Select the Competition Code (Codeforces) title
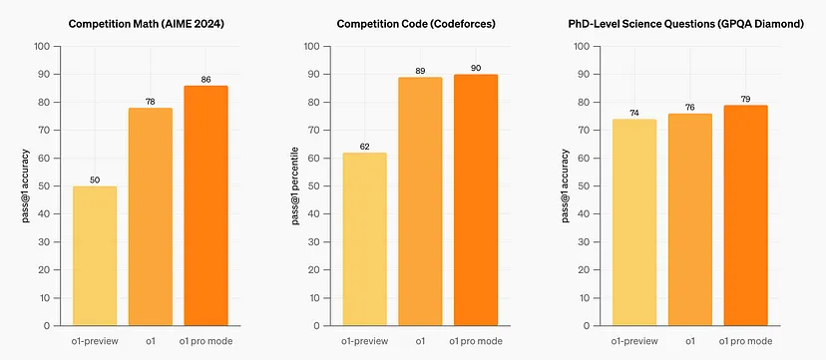click(x=419, y=21)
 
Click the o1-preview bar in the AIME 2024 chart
click(x=95, y=256)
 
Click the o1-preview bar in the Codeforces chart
click(x=364, y=239)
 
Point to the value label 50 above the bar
click(x=95, y=179)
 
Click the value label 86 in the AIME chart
click(x=206, y=78)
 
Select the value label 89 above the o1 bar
click(x=419, y=70)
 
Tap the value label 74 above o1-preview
click(x=634, y=112)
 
